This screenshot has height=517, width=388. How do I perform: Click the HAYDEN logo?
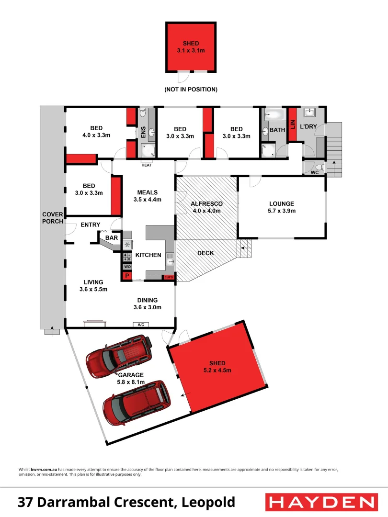coord(320,502)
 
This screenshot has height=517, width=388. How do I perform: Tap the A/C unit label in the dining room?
coord(141,325)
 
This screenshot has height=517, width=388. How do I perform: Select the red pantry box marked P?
coord(127,276)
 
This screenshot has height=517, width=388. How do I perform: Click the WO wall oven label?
coord(127,267)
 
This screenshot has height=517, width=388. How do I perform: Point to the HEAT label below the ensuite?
coord(147,166)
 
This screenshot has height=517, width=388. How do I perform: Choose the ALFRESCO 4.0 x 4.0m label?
coord(207,207)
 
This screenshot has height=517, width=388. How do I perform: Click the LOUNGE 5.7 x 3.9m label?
coord(281,207)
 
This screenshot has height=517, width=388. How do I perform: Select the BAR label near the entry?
coord(112,237)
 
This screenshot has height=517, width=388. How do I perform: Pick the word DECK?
coord(205,253)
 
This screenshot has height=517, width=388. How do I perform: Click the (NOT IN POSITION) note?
coord(191,90)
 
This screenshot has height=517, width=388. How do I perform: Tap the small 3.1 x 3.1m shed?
coord(191,46)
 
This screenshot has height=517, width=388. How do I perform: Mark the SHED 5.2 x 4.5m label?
coord(217,367)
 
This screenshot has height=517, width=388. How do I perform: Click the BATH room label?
coord(277,130)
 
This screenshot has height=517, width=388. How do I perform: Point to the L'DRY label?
coord(309,126)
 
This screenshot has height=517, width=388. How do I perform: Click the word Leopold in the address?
coord(209,502)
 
